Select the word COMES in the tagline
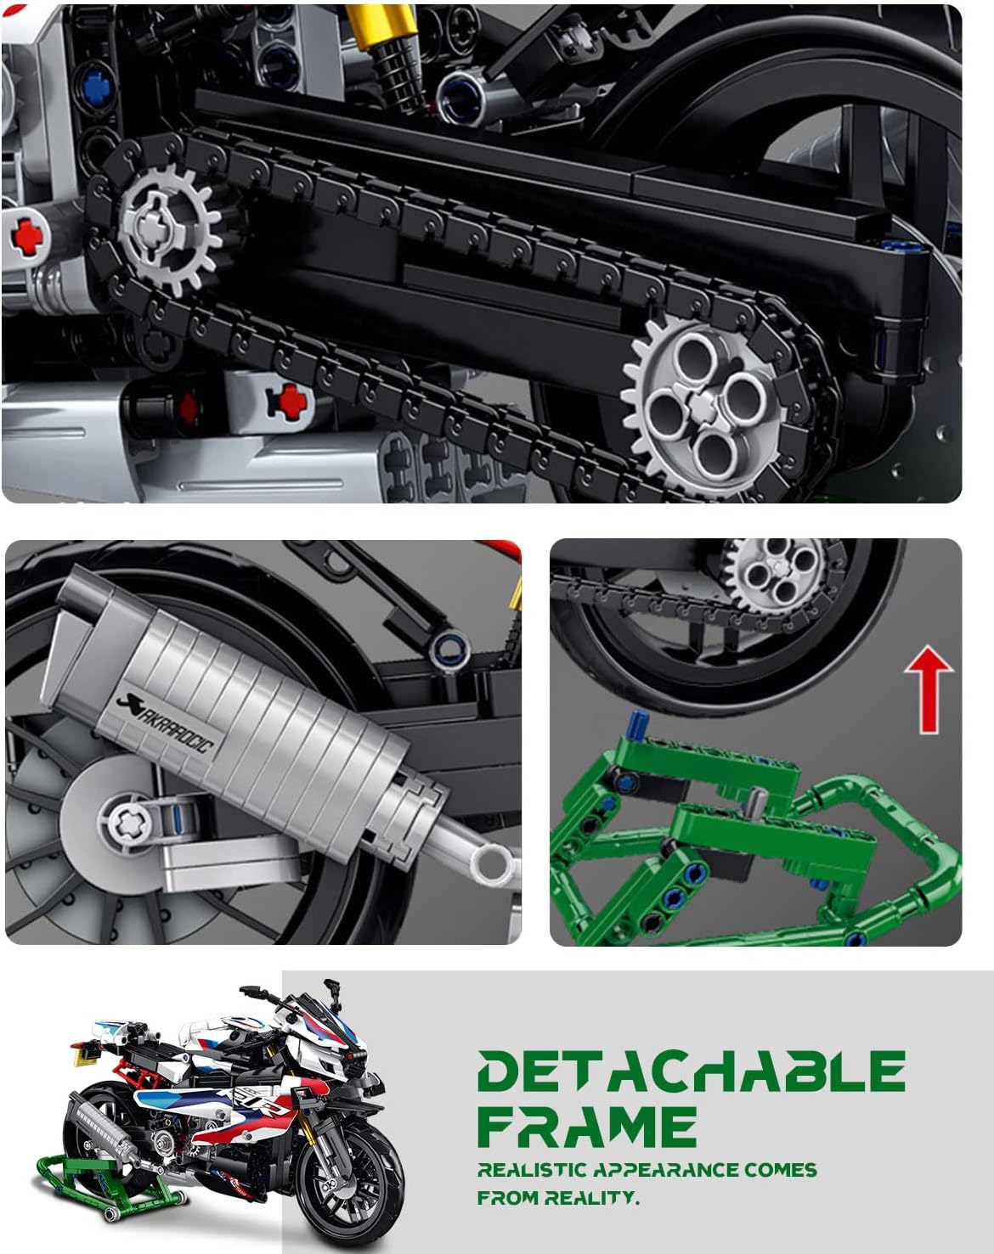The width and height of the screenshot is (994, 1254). point(781,1170)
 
